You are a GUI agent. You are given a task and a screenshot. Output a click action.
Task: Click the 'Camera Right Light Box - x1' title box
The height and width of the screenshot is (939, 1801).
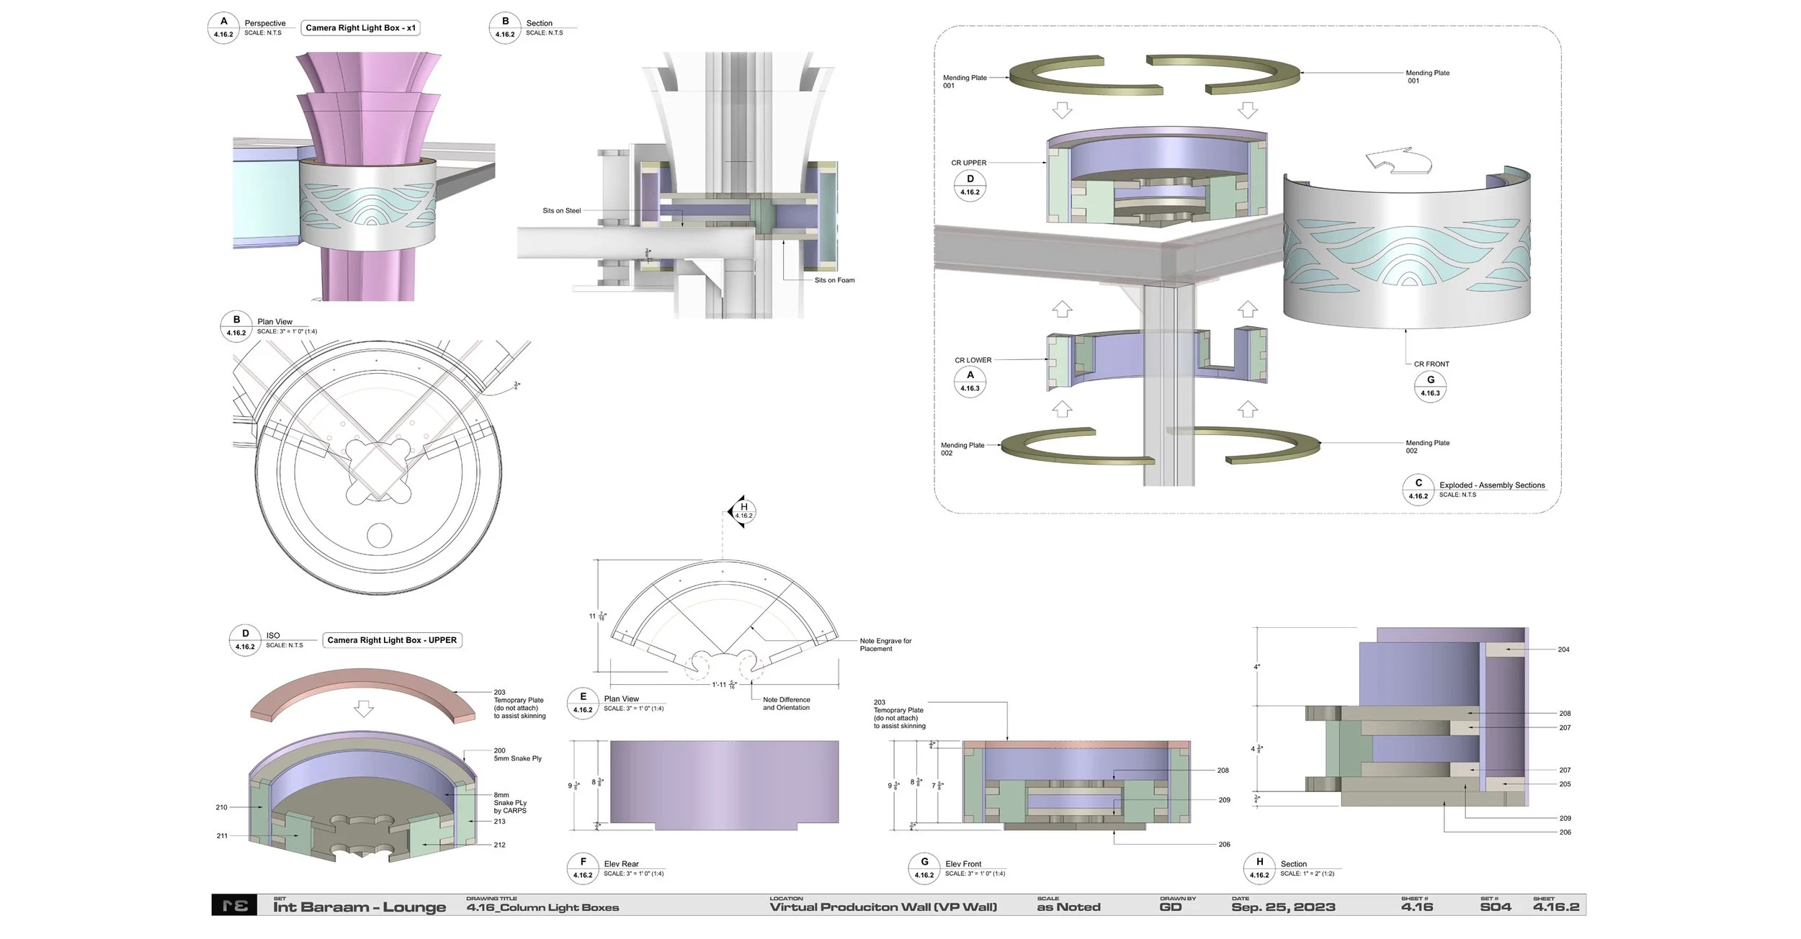coord(360,28)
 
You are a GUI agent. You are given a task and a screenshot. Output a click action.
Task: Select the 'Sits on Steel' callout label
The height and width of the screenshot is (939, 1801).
coord(561,211)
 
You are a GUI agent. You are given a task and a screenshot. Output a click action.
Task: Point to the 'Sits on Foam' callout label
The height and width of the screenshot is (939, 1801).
coord(834,280)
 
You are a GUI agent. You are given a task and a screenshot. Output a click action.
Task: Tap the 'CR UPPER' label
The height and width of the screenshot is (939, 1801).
coord(968,163)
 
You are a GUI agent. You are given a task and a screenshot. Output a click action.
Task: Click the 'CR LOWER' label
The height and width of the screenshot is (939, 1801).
coord(973,360)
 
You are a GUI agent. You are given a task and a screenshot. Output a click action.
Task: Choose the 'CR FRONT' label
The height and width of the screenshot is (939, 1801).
coord(1431,364)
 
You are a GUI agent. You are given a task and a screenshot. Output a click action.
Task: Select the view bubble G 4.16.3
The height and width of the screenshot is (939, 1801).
coord(1430,386)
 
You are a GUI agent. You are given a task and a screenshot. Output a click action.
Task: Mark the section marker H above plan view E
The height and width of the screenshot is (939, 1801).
coord(743,511)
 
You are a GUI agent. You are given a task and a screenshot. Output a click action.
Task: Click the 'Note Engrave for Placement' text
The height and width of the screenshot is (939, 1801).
coord(885,644)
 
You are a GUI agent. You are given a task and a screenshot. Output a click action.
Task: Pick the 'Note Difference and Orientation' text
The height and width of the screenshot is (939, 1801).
coord(786,704)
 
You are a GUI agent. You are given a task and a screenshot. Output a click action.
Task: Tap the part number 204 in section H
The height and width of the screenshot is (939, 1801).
coord(1563,650)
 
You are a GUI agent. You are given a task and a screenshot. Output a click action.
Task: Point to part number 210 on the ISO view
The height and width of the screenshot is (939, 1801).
coord(221,807)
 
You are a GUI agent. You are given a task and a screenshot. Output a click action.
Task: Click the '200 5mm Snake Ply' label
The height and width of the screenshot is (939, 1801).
coord(517,754)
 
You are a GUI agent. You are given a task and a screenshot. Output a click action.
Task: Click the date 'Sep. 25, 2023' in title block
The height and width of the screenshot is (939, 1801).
coord(1283,907)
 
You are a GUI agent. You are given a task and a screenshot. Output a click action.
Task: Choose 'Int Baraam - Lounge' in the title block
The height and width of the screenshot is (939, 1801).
coord(359,907)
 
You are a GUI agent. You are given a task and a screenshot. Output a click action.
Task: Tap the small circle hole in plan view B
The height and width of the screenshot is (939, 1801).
coord(379,536)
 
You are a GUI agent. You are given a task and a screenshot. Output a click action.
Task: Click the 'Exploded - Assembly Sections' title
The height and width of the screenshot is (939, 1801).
coord(1491,485)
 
